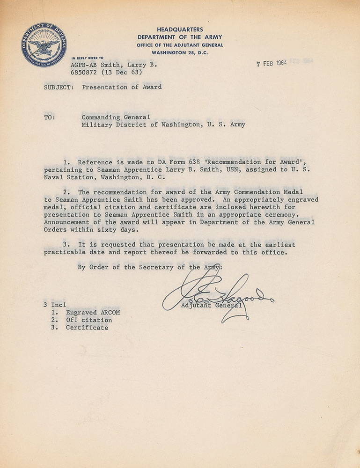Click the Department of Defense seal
pos(44,45)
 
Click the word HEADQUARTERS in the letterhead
pos(180,29)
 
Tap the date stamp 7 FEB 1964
pos(272,64)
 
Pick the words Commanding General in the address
pos(116,117)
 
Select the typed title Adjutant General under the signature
pos(212,306)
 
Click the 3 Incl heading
pos(55,305)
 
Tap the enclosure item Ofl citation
pos(89,320)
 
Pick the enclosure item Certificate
pos(87,328)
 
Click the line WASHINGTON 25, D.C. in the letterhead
pos(180,52)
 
